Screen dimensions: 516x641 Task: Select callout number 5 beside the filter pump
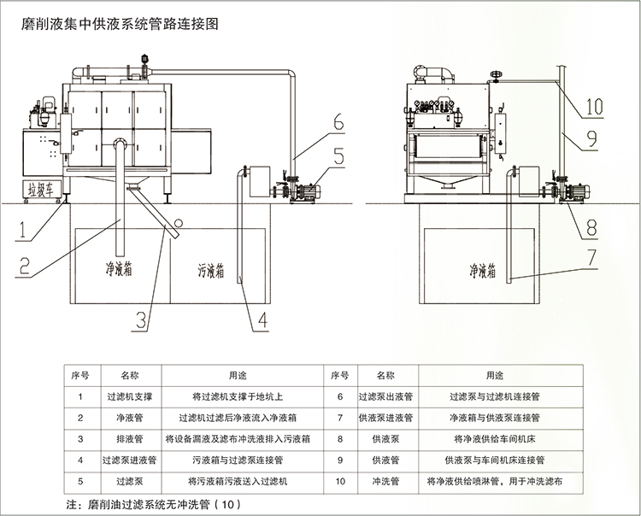(x=338, y=155)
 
